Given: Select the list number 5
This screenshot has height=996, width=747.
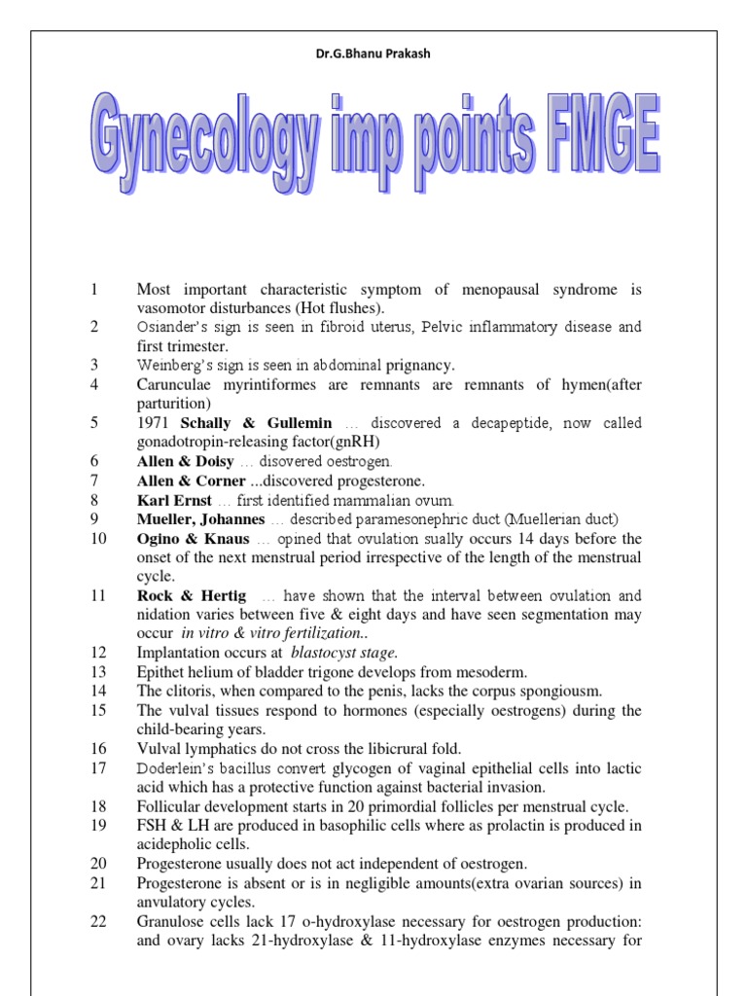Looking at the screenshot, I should (x=94, y=423).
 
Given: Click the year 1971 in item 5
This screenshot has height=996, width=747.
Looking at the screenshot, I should (x=155, y=423).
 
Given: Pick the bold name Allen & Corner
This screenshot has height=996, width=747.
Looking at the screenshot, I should (x=185, y=480).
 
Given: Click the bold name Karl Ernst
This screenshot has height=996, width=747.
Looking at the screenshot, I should (x=172, y=500).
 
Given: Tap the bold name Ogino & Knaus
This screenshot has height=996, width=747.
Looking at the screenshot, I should (x=193, y=538).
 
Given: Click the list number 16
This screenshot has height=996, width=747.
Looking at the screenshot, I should (x=98, y=748).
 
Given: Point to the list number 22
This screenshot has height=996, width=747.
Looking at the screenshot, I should (x=98, y=920).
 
